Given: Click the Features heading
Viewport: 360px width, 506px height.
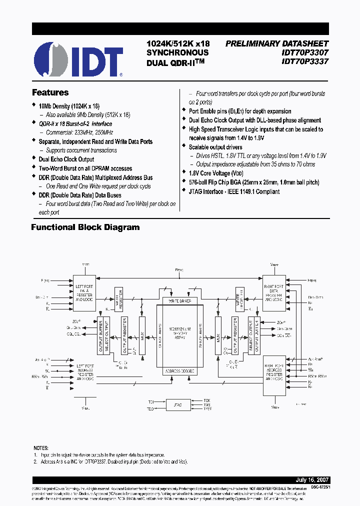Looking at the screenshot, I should (50, 93).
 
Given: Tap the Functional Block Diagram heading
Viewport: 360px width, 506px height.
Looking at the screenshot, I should (85, 227).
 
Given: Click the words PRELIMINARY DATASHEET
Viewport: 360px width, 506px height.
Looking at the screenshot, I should (276, 43).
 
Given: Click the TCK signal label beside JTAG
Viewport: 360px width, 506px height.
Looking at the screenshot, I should (206, 400).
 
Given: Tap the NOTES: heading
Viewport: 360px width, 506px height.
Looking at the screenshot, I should (41, 448).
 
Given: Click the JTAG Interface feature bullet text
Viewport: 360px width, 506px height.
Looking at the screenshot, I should (234, 191).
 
